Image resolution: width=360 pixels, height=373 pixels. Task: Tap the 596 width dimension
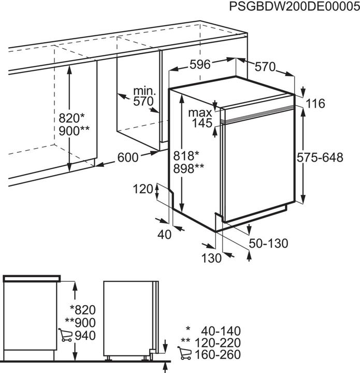(x=200, y=65)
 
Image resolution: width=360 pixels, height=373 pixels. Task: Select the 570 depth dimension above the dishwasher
(x=265, y=66)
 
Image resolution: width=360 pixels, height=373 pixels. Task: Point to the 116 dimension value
(x=315, y=104)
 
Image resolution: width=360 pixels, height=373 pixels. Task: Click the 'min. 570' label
(x=144, y=96)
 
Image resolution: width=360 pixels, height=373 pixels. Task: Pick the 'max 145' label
(x=200, y=118)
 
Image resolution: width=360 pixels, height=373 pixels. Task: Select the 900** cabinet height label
(x=75, y=130)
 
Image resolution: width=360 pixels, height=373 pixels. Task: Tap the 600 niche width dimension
(x=128, y=157)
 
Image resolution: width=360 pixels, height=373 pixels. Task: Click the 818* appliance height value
(x=186, y=155)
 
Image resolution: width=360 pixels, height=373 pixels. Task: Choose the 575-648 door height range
(x=320, y=158)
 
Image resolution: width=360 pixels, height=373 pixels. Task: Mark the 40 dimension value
(x=164, y=234)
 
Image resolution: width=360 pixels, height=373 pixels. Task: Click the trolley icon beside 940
(x=66, y=336)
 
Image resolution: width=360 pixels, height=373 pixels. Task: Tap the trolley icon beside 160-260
(x=183, y=354)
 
